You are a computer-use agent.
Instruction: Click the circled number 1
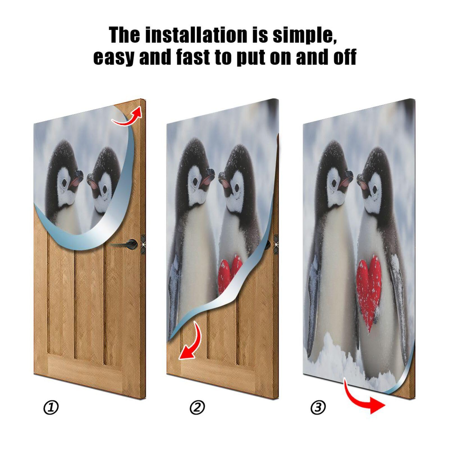[51, 407]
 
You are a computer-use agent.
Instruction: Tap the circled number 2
[197, 407]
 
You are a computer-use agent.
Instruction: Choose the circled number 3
[318, 407]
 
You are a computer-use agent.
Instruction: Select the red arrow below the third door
[365, 398]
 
